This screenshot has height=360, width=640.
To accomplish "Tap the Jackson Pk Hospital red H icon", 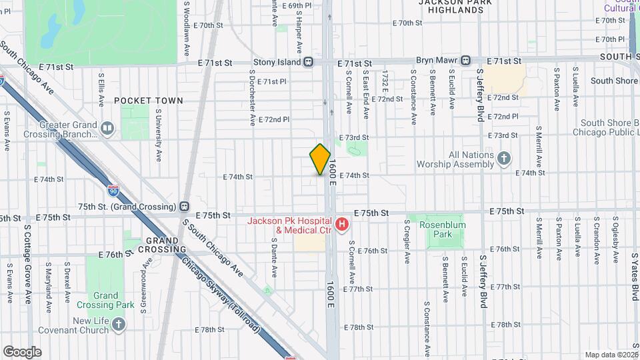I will pyautogui.click(x=342, y=225).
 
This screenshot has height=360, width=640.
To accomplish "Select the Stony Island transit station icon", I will pyautogui.click(x=309, y=62).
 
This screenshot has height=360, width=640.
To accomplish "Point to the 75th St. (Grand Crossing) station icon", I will pyautogui.click(x=185, y=207).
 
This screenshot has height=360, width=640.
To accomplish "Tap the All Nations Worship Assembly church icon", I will pyautogui.click(x=505, y=159).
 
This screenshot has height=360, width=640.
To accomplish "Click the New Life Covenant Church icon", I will pyautogui.click(x=119, y=325).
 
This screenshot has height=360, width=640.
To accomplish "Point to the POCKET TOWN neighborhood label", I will pyautogui.click(x=148, y=101).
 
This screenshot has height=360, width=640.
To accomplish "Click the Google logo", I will pyautogui.click(x=22, y=351).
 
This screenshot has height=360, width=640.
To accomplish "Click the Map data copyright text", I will pyautogui.click(x=611, y=355).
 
